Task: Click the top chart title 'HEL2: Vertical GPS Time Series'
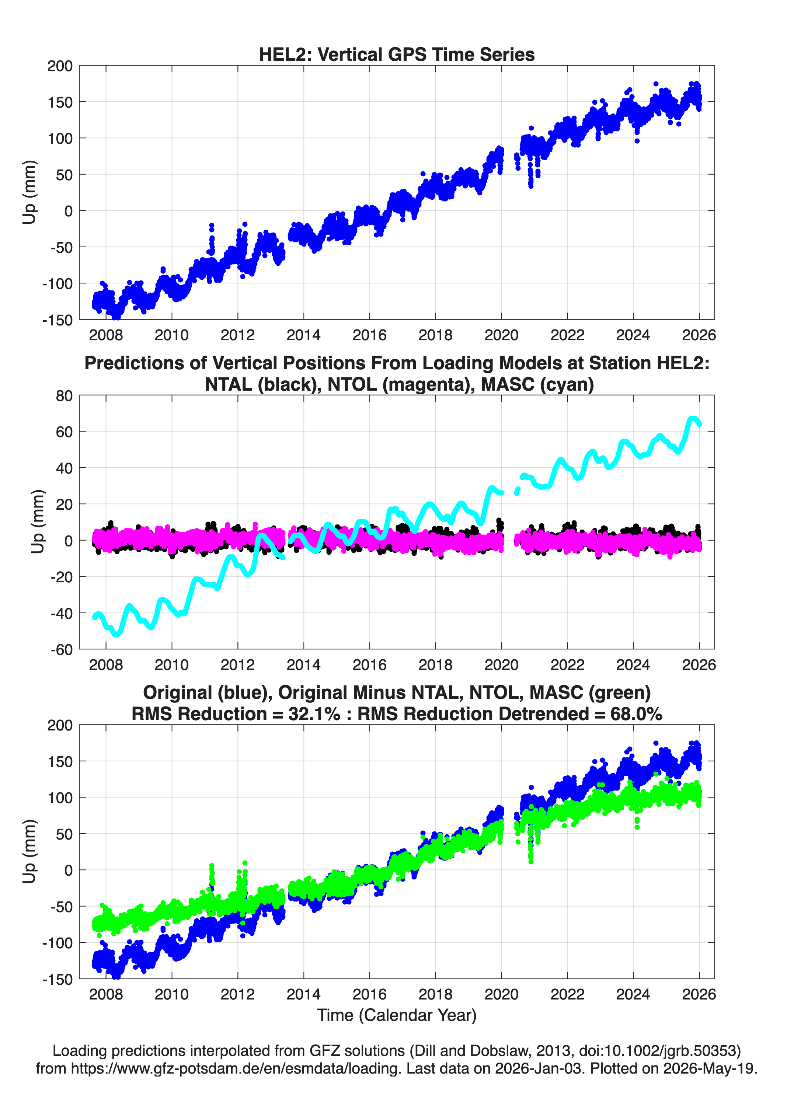397,54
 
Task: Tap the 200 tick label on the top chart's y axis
60,66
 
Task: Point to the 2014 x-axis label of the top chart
303,335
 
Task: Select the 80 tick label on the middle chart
64,396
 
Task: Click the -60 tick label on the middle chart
62,650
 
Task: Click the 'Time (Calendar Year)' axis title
397,1015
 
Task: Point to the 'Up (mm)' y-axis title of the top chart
29,192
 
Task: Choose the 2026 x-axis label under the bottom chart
699,994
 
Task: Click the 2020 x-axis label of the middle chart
501,665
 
